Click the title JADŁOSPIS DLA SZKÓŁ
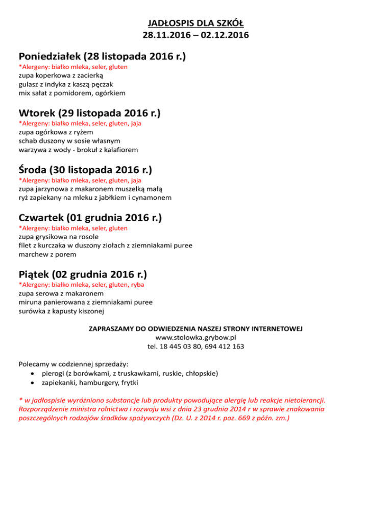pyautogui.click(x=195, y=24)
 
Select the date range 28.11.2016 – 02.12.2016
pyautogui.click(x=195, y=36)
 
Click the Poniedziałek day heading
pyautogui.click(x=102, y=56)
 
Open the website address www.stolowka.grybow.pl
pyautogui.click(x=195, y=337)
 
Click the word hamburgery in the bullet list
pyautogui.click(x=97, y=382)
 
